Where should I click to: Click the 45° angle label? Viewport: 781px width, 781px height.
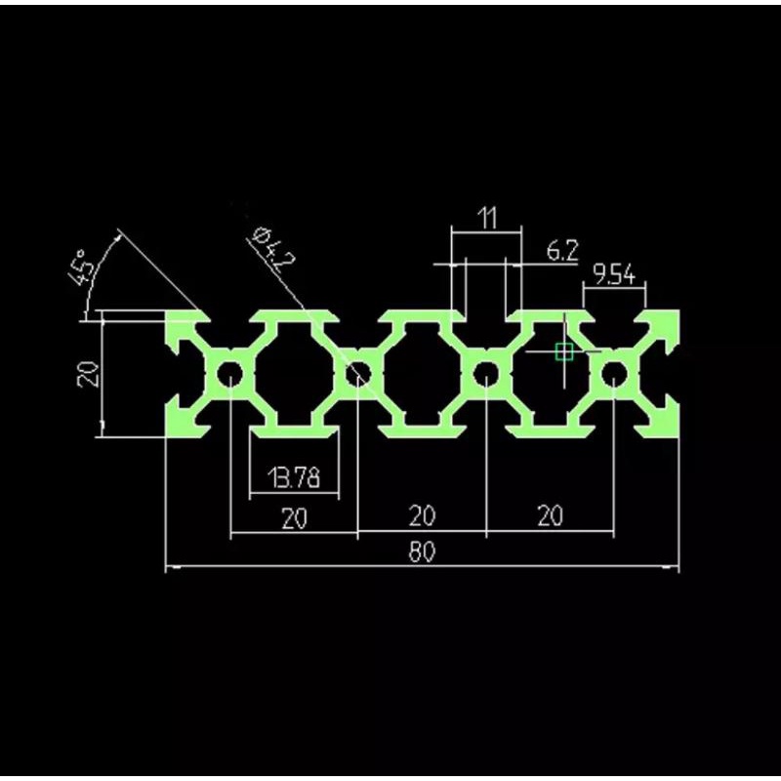(x=82, y=268)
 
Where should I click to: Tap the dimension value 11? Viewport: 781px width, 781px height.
(x=487, y=218)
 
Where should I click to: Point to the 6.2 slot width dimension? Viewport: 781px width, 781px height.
(x=562, y=251)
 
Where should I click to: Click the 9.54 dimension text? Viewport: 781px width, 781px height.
(x=614, y=274)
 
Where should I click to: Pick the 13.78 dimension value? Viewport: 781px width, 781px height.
(x=294, y=477)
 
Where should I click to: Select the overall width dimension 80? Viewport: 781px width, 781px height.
(x=422, y=552)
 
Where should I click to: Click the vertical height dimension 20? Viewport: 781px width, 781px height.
(x=88, y=374)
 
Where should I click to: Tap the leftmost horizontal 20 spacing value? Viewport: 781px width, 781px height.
(x=295, y=518)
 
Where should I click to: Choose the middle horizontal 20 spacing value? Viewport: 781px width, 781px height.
(x=422, y=516)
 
